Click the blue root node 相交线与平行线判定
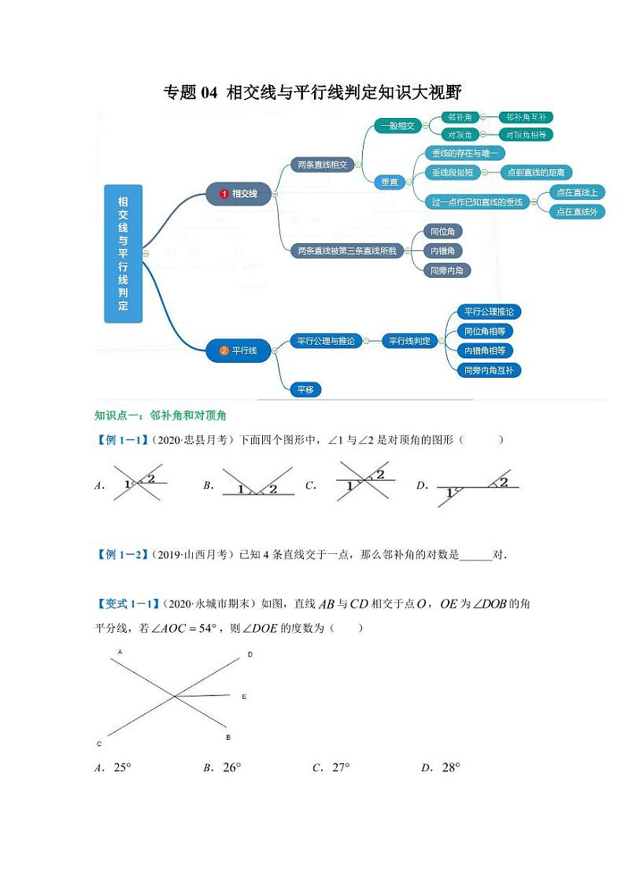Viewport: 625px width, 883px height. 123,253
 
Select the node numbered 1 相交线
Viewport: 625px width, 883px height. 238,194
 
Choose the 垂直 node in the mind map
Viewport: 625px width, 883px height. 388,182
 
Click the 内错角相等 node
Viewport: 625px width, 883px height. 489,350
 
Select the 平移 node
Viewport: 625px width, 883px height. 305,390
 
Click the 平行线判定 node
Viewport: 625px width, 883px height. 410,341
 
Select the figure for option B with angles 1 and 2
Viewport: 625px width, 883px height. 253,485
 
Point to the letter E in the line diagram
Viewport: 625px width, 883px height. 244,696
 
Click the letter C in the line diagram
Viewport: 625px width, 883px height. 99,744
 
